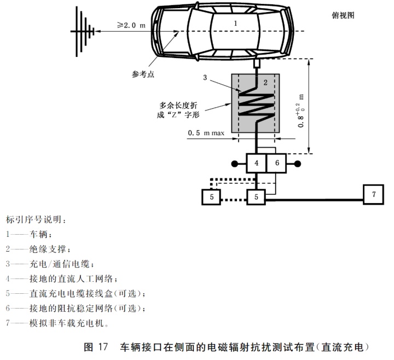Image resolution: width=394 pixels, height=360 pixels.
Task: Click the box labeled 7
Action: point(374,194)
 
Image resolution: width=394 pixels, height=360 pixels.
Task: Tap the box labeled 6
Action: point(277,163)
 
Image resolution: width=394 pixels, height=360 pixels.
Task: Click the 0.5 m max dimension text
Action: point(206,133)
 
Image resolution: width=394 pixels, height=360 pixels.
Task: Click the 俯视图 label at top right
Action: point(344,15)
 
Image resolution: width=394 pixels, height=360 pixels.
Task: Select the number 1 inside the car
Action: point(235,24)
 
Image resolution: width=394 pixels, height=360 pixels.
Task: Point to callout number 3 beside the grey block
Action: point(205,78)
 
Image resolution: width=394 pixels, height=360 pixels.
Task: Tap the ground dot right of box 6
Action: point(298,163)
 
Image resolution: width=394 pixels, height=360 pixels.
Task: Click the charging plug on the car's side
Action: point(256,65)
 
